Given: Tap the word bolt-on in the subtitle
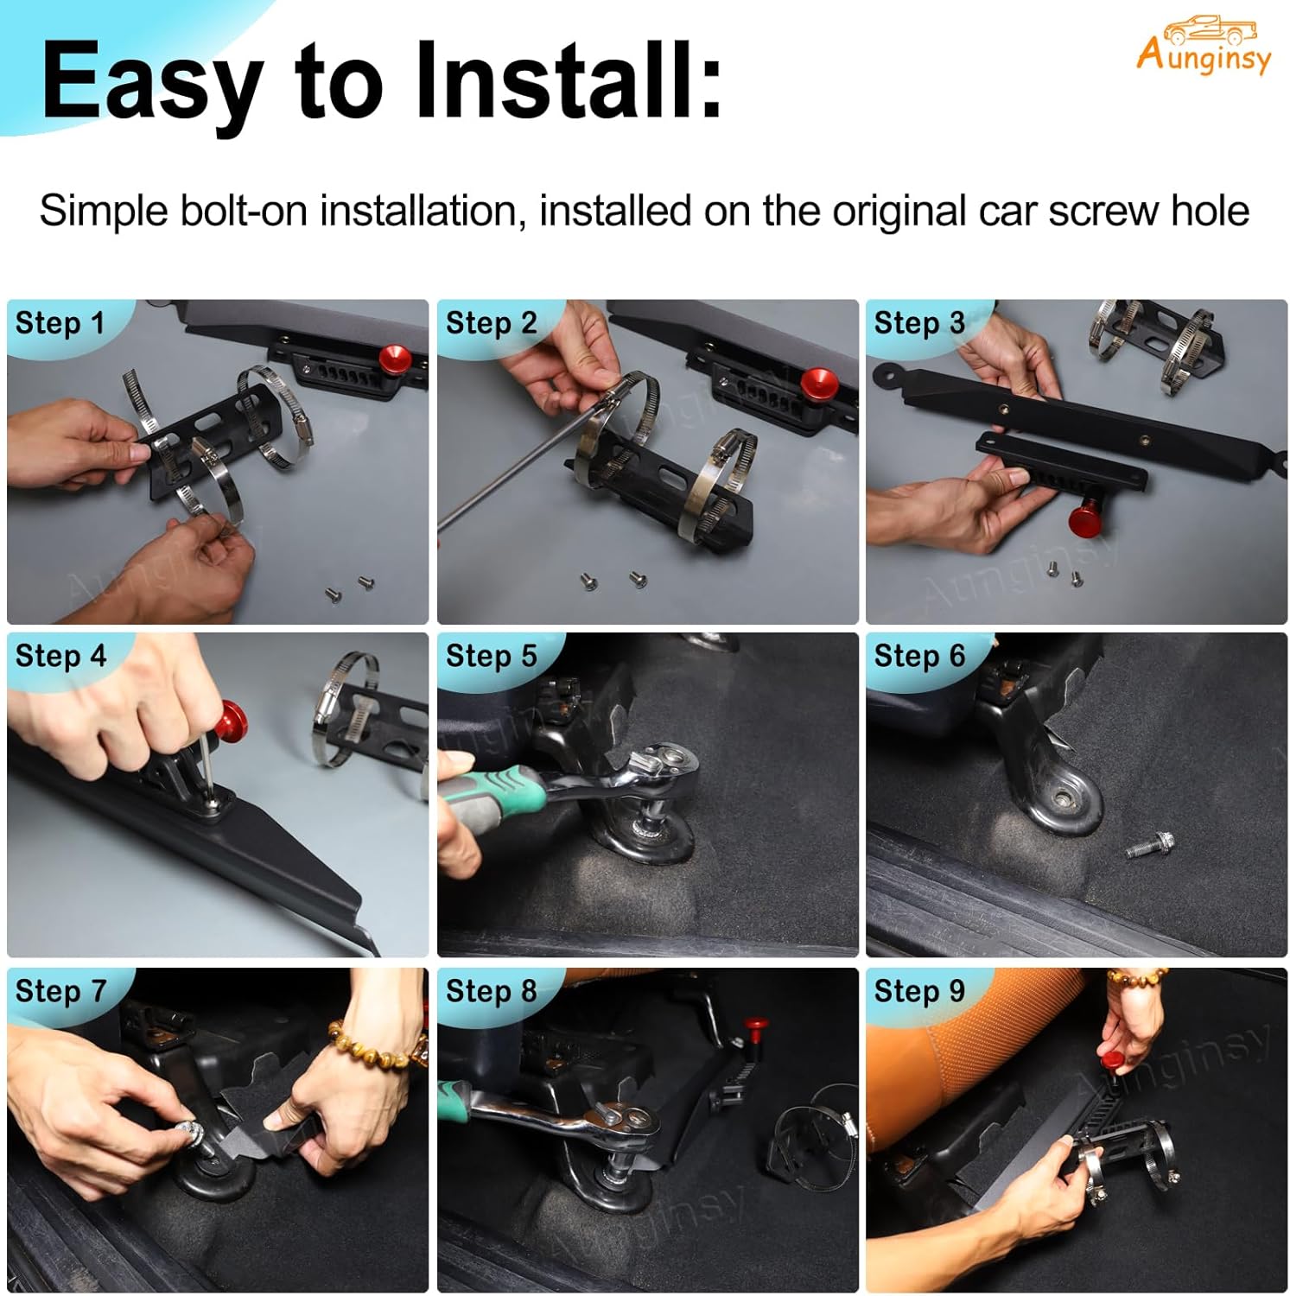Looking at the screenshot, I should tap(243, 211).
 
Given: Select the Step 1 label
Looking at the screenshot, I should tap(60, 323).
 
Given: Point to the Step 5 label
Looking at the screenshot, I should tap(491, 656).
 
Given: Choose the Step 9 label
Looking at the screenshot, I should tap(918, 990).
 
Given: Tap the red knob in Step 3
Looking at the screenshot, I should tap(1084, 518).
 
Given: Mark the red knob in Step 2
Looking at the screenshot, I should tap(817, 381).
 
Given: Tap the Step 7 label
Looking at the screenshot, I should tap(60, 990).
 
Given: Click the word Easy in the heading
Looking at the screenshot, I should tap(152, 83).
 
